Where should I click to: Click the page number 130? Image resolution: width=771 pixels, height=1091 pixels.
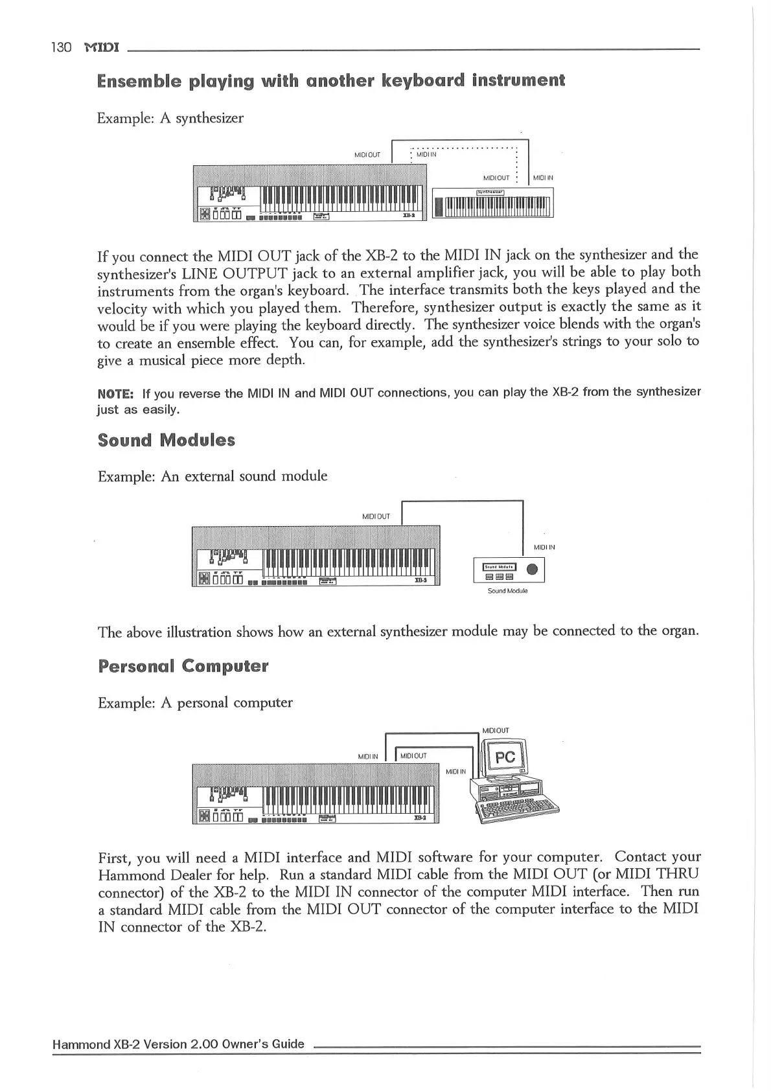pyautogui.click(x=61, y=48)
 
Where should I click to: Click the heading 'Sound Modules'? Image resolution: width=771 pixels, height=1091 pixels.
pyautogui.click(x=166, y=441)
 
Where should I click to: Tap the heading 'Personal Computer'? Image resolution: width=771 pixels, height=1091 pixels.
pyautogui.click(x=183, y=666)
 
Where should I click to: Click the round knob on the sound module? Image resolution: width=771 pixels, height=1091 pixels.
pyautogui.click(x=532, y=569)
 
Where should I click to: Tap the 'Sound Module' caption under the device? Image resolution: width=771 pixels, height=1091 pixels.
pyautogui.click(x=507, y=591)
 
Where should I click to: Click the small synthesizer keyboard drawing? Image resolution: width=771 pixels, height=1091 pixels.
pyautogui.click(x=492, y=203)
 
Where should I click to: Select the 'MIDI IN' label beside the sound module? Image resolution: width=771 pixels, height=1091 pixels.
pyautogui.click(x=544, y=547)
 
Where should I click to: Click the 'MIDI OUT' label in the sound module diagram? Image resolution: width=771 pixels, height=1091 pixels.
pyautogui.click(x=376, y=516)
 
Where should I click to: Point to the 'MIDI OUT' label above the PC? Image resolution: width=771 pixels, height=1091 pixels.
pyautogui.click(x=496, y=730)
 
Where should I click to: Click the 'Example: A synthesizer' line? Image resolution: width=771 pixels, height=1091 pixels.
pyautogui.click(x=170, y=118)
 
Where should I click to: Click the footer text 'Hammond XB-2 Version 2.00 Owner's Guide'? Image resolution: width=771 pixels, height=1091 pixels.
pyautogui.click(x=178, y=1044)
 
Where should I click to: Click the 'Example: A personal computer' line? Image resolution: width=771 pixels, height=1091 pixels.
pyautogui.click(x=195, y=703)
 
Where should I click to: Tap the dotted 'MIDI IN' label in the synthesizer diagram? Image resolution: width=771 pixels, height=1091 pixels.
pyautogui.click(x=426, y=154)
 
